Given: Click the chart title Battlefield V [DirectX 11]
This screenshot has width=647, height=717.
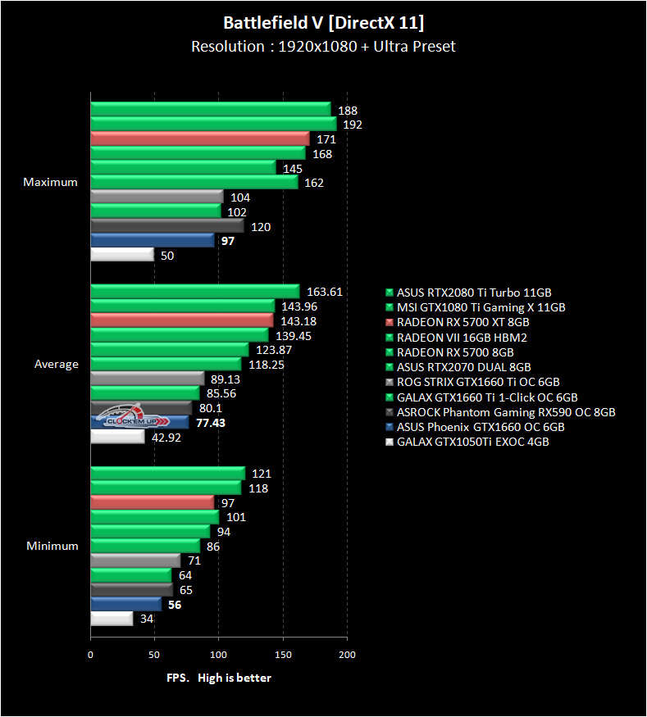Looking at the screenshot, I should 323,21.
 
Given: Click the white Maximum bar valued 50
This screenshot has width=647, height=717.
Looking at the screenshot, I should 122,255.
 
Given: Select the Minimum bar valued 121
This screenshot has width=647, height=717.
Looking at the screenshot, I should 167,473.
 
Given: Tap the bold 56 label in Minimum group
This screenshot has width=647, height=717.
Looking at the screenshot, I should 174,605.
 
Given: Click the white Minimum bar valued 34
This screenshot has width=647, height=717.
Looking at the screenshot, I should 112,619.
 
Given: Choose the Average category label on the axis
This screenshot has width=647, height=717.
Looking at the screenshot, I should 57,364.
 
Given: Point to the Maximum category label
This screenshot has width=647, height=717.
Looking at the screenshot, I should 51,182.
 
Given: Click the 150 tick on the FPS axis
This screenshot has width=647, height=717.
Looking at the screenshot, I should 283,655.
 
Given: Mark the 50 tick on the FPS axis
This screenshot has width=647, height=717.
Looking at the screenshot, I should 154,655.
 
